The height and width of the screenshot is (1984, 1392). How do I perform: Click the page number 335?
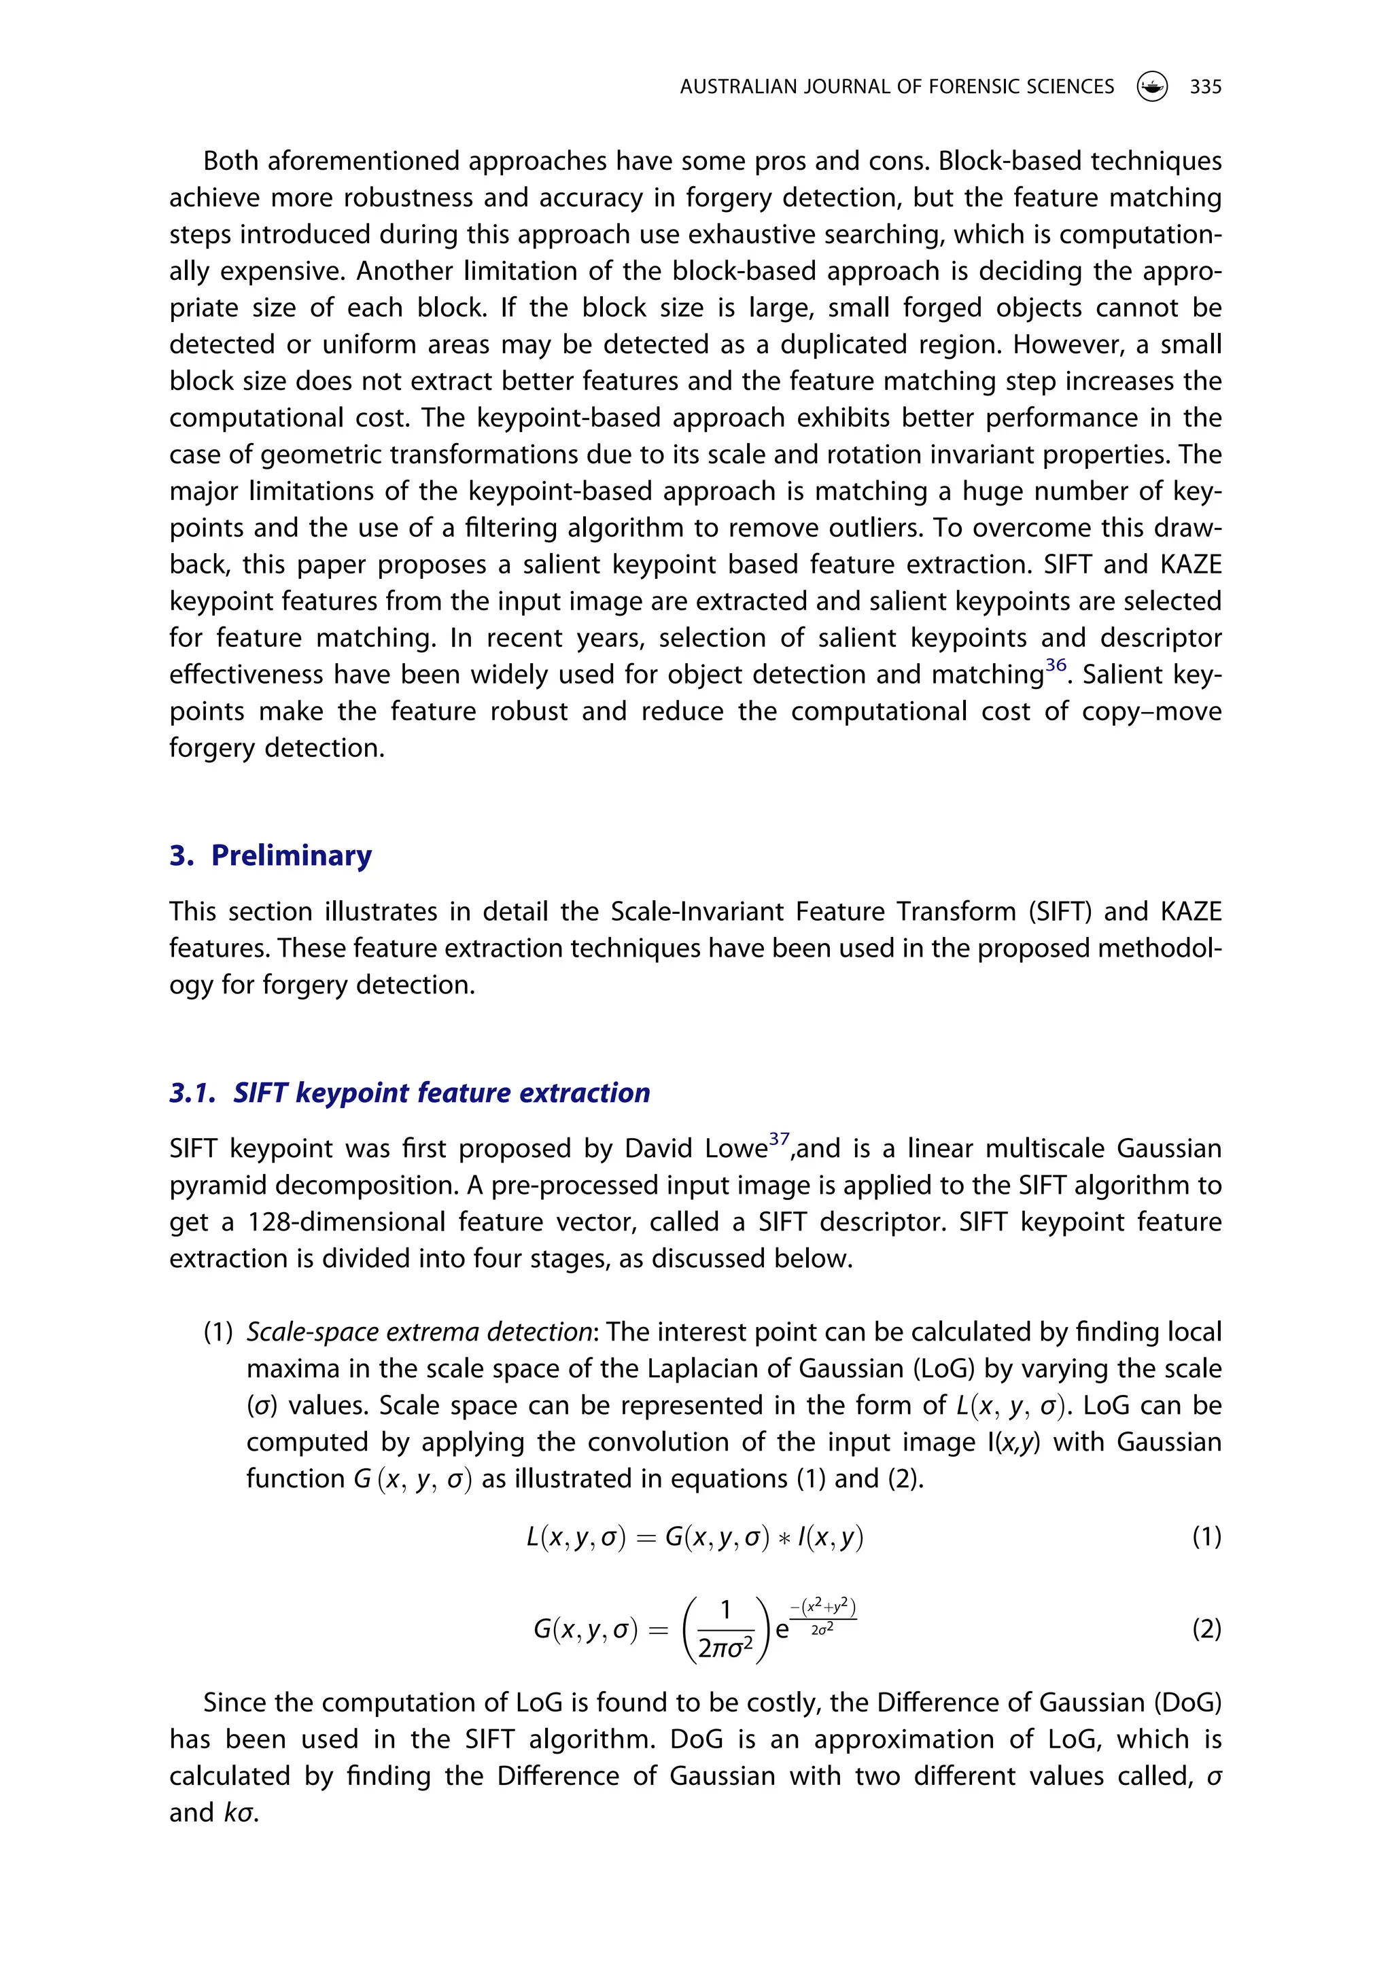pyautogui.click(x=1205, y=86)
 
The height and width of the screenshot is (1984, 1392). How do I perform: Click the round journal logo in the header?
pyautogui.click(x=1151, y=86)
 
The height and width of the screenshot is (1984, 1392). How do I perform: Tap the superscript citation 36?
pyautogui.click(x=1056, y=665)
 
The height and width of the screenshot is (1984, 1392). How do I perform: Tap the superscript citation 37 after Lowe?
pyautogui.click(x=779, y=1139)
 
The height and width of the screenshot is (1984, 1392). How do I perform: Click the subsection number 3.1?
pyautogui.click(x=192, y=1093)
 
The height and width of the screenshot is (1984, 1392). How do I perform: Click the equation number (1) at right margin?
pyautogui.click(x=1206, y=1536)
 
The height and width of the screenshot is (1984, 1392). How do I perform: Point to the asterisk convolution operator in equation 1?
pyautogui.click(x=783, y=1538)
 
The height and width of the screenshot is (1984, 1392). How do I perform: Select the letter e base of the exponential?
pyautogui.click(x=782, y=1631)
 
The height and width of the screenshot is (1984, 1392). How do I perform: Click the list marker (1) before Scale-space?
pyautogui.click(x=219, y=1332)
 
